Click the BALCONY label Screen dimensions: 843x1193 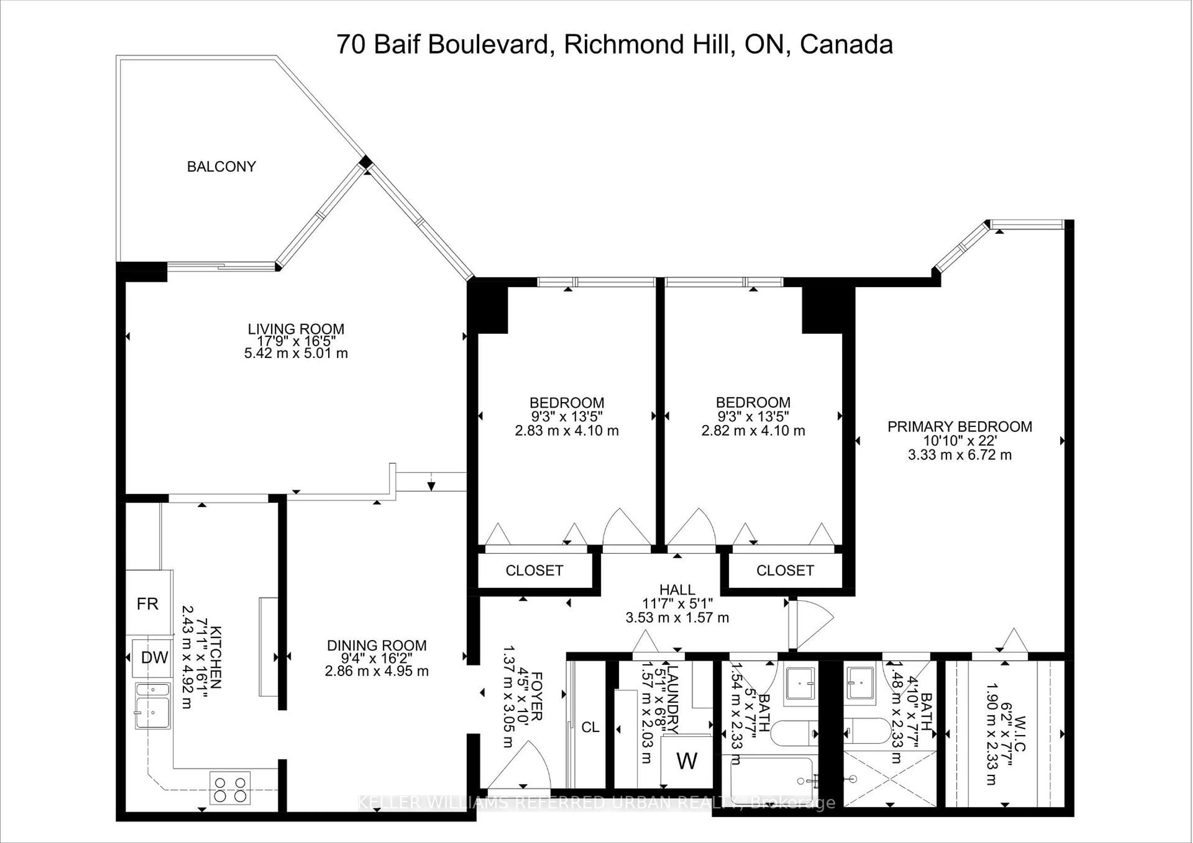[221, 167]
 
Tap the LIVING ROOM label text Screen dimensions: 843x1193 [296, 329]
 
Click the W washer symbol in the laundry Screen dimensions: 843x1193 [686, 761]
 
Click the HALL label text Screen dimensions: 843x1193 [677, 590]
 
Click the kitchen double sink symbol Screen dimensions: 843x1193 [153, 706]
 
